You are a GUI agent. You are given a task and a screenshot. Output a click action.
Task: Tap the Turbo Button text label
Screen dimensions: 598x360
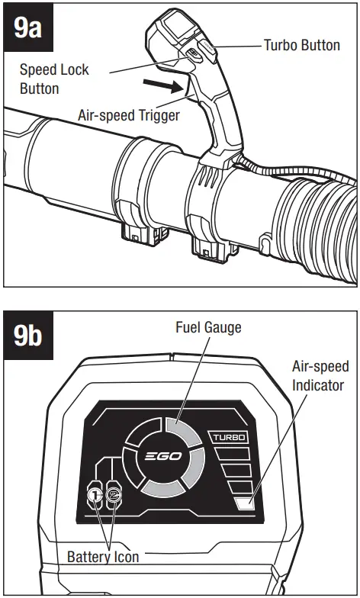pyautogui.click(x=301, y=46)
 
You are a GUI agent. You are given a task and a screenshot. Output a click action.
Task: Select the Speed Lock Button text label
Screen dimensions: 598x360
pyautogui.click(x=54, y=78)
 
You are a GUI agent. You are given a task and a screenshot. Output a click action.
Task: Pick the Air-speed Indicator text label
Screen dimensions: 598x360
pyautogui.click(x=318, y=375)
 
